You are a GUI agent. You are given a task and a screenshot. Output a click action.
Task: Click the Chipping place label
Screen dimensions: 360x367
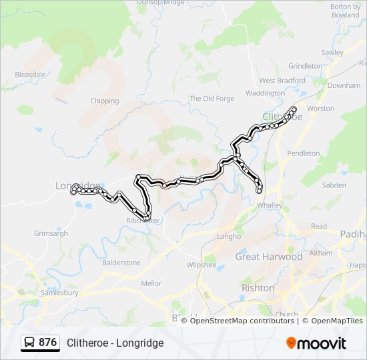(x=104, y=101)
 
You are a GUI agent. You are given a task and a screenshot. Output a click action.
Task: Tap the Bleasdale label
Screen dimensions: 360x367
(x=30, y=75)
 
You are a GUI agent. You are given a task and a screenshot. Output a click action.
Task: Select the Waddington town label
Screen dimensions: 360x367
(x=264, y=93)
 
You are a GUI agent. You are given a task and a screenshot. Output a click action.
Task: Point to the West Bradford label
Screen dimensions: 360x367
(x=282, y=81)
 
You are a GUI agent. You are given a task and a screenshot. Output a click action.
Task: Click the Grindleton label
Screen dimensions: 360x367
(x=304, y=66)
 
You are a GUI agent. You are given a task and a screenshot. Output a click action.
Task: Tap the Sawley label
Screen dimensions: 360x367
(x=332, y=53)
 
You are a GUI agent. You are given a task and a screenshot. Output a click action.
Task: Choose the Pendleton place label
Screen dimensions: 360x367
(x=303, y=153)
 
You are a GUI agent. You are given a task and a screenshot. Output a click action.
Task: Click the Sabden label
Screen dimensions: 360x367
(x=334, y=185)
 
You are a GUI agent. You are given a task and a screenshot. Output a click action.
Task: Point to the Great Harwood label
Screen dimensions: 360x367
(x=268, y=257)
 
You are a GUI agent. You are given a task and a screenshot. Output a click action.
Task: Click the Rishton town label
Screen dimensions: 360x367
(x=258, y=288)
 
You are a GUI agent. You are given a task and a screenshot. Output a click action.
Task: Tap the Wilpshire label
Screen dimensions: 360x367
(x=202, y=265)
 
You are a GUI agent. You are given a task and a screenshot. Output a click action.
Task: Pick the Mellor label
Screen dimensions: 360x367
(x=151, y=283)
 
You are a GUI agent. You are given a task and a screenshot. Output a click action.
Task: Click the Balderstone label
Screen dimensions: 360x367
(x=121, y=263)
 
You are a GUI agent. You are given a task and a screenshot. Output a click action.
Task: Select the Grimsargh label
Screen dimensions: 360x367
(x=51, y=233)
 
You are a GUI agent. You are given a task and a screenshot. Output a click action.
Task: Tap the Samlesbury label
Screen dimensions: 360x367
(x=59, y=292)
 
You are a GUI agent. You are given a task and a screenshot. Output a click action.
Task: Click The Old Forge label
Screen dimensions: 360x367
(x=212, y=99)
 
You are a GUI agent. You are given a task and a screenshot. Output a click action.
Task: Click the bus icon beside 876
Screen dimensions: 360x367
(x=30, y=343)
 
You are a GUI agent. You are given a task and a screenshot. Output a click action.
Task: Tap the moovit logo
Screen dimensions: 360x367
(x=316, y=343)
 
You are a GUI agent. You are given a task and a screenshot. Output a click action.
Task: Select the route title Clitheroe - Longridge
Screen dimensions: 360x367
(x=115, y=343)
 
